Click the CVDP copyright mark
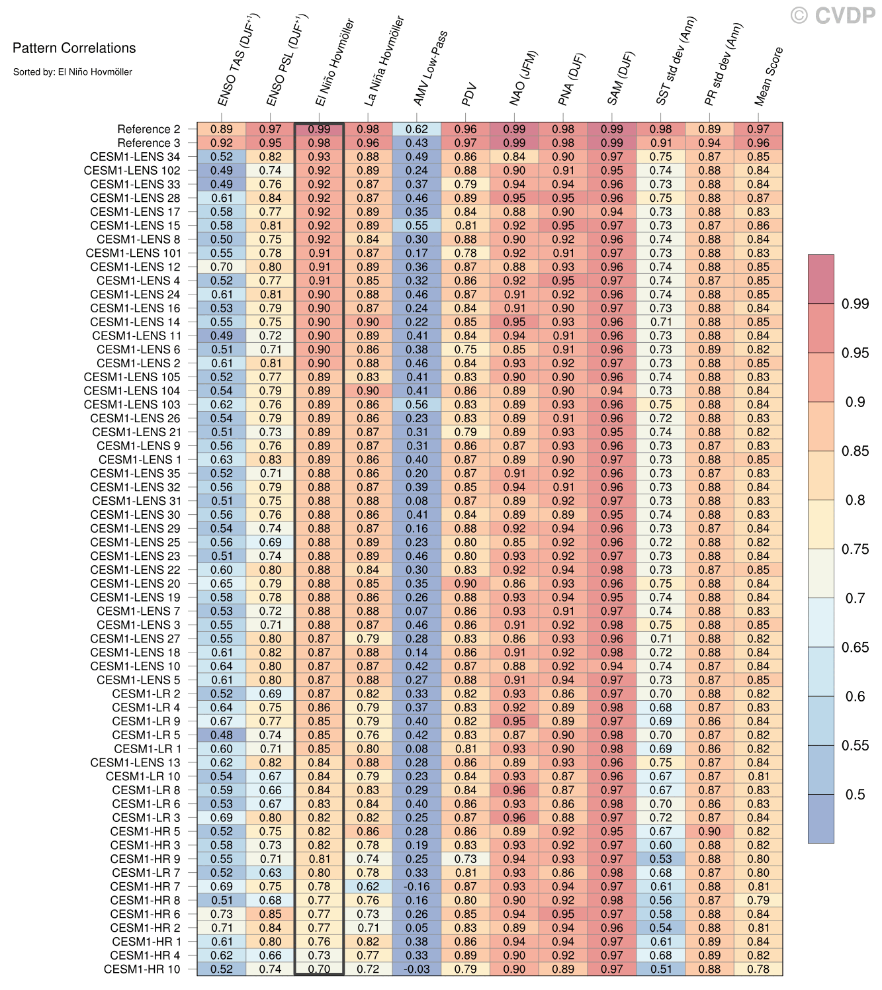[833, 15]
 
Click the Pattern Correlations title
[74, 48]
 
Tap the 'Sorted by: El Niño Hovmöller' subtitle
[73, 71]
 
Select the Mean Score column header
[769, 76]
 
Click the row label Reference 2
[148, 130]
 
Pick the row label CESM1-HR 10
[142, 969]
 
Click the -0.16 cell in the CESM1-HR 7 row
[417, 887]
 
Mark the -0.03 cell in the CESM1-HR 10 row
[417, 969]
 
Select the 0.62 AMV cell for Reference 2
[417, 130]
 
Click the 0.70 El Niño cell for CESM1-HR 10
[319, 969]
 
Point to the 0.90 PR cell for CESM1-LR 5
[709, 831]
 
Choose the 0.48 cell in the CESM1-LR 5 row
[222, 735]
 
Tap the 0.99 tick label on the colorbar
[855, 304]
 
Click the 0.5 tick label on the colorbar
[855, 795]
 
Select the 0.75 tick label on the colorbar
[855, 549]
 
